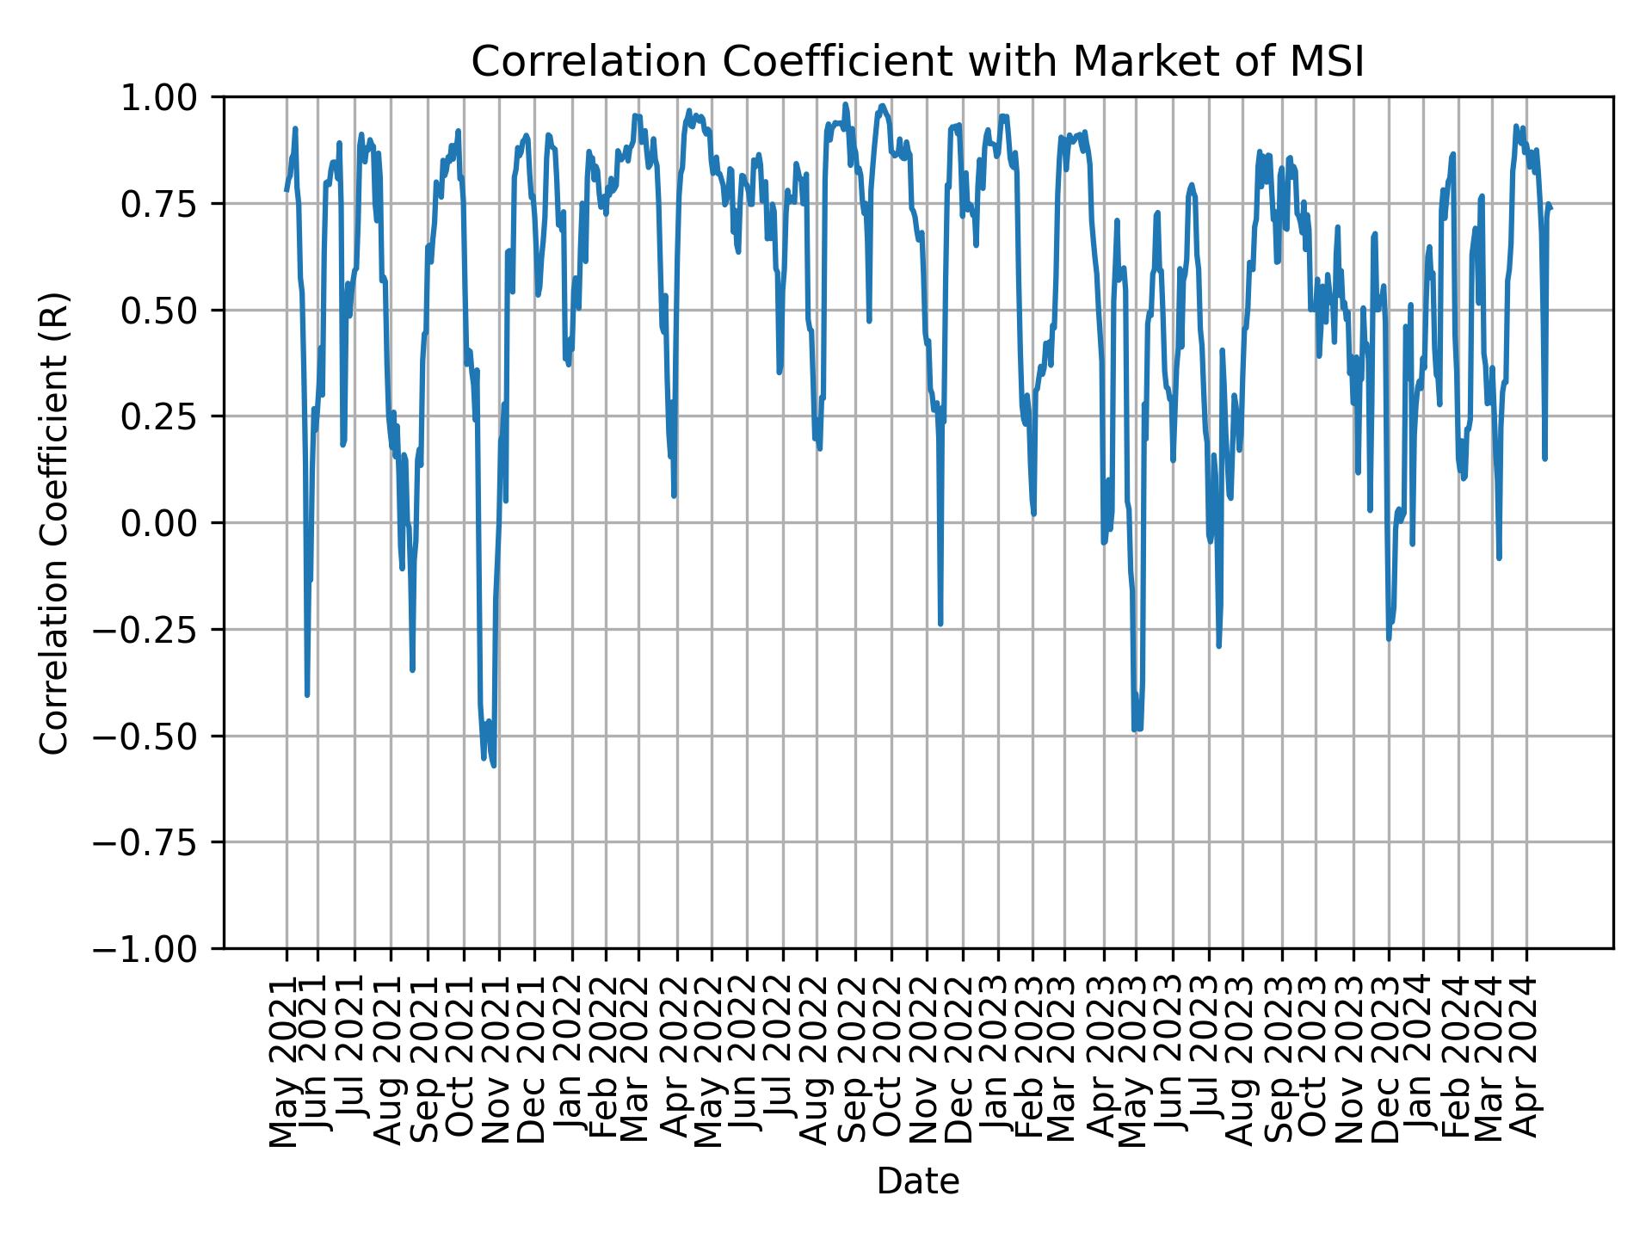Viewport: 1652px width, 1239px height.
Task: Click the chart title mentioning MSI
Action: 917,62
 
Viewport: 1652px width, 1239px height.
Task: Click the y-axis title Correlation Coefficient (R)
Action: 54,523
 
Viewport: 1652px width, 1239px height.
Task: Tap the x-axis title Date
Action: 917,1181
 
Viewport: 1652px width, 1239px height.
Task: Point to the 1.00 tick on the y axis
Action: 170,98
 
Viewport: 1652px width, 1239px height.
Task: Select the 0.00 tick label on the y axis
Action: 170,523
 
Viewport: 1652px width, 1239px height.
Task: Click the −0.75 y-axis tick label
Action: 157,842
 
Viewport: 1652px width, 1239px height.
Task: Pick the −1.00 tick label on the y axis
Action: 157,949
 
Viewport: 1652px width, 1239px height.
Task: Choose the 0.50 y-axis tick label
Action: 170,311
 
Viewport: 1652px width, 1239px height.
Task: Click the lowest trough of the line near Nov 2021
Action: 493,765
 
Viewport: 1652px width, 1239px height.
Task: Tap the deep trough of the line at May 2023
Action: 1135,730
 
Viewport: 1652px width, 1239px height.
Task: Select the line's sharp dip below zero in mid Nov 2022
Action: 940,623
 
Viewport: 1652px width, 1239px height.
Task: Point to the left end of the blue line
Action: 287,190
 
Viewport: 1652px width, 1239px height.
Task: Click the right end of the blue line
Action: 1550,207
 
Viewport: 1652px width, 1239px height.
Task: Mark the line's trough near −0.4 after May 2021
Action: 307,694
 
